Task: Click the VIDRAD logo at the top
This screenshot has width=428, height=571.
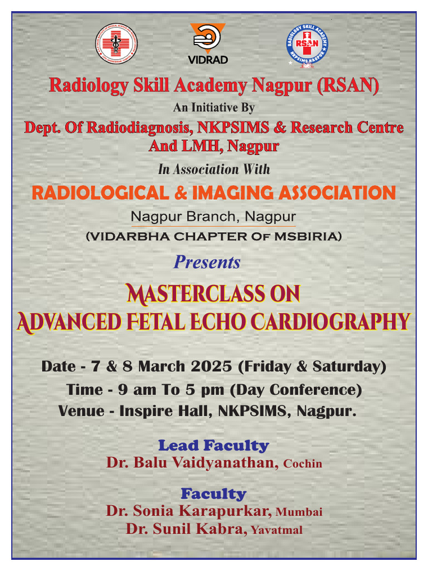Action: pos(208,43)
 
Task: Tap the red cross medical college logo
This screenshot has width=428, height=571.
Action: pos(116,42)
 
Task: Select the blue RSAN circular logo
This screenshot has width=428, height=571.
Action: pos(307,46)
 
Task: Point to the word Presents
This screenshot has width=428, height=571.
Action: pos(207,262)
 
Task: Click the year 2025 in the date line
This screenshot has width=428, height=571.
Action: pos(212,366)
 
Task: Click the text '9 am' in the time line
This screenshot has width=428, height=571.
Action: pos(137,389)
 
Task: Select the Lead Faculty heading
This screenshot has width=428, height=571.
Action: pos(213,446)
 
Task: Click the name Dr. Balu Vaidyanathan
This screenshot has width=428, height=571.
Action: pos(192,463)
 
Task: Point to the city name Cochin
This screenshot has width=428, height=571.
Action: pos(303,464)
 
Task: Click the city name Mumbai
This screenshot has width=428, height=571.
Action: pos(299,512)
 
